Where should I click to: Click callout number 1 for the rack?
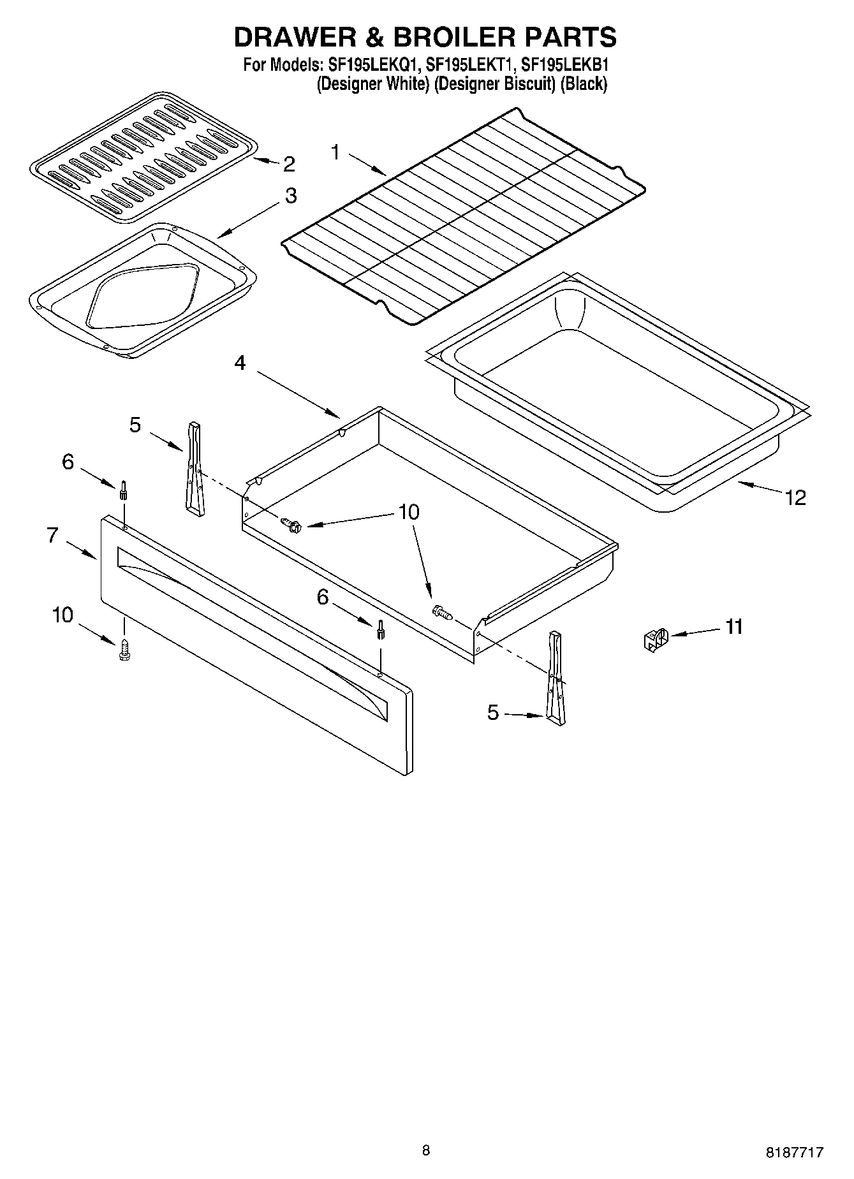point(336,152)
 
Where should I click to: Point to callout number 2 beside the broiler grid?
point(289,165)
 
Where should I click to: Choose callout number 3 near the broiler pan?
point(290,195)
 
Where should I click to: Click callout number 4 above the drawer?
point(240,363)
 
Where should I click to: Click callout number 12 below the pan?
point(795,497)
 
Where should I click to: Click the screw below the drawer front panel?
point(124,650)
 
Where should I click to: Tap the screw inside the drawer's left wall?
point(291,525)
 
